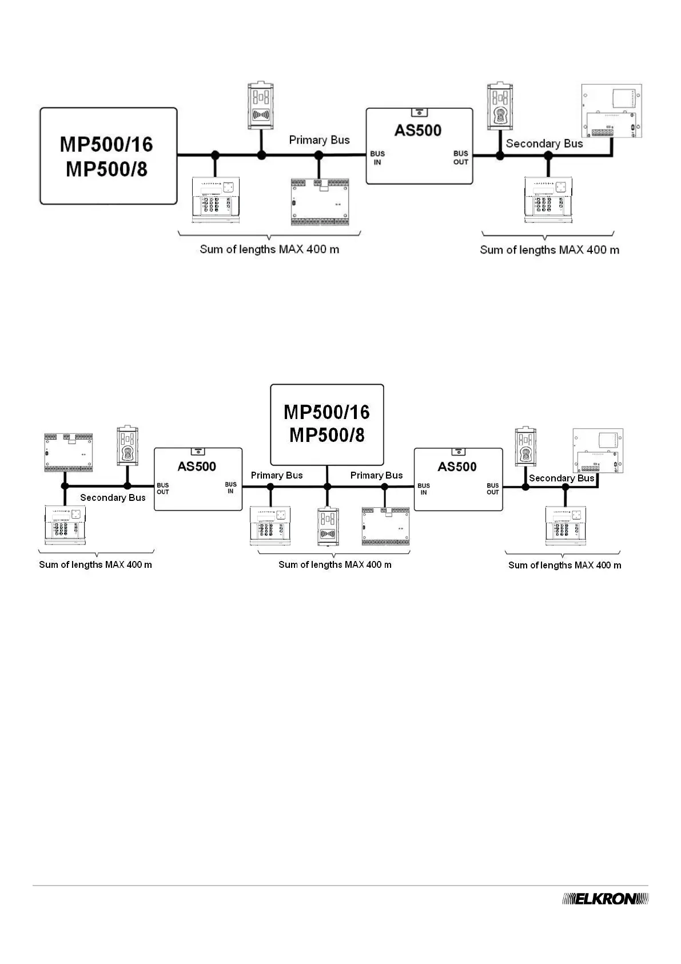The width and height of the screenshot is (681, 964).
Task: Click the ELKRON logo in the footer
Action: (606, 899)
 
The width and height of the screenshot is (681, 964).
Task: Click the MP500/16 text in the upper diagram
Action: (106, 144)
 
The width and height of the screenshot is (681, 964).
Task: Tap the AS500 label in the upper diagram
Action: (418, 131)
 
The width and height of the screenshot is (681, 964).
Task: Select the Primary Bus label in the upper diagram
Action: (319, 140)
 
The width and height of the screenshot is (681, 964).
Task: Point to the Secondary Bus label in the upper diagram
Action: (544, 144)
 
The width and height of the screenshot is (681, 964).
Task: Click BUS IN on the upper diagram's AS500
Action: (377, 158)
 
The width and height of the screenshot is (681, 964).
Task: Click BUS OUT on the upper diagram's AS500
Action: (461, 158)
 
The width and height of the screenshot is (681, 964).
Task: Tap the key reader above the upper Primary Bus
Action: (261, 106)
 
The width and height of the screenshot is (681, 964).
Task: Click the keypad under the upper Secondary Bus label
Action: (548, 199)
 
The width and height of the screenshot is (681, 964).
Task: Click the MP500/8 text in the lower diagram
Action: (326, 435)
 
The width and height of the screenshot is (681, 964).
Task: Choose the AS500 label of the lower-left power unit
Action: (197, 467)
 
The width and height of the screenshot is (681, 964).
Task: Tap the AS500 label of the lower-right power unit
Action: (457, 467)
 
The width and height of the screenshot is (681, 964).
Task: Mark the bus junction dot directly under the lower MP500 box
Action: (327, 487)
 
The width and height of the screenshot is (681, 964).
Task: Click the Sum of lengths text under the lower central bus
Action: (334, 565)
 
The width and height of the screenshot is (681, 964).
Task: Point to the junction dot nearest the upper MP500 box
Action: (216, 155)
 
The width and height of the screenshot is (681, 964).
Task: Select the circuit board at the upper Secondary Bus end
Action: (611, 112)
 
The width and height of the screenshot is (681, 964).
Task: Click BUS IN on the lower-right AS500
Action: (424, 489)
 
